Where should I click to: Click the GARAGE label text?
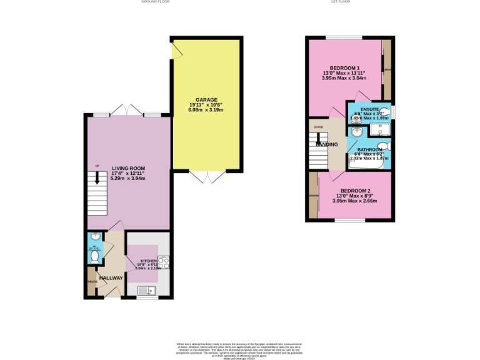click(x=206, y=99)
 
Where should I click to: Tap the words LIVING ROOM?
click(x=128, y=168)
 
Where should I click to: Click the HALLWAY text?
click(x=111, y=277)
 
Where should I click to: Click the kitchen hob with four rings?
click(x=164, y=262)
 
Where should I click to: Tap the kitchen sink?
click(x=147, y=289)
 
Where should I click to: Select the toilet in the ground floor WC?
click(x=94, y=255)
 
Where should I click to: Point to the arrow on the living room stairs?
click(x=97, y=179)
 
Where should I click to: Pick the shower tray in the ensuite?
click(x=379, y=130)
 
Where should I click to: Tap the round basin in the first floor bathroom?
click(x=357, y=132)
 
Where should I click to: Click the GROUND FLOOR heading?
click(x=156, y=2)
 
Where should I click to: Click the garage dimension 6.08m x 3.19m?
click(x=206, y=110)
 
